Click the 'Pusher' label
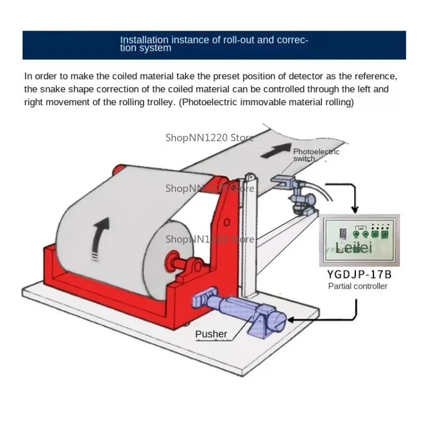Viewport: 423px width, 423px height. click(x=211, y=334)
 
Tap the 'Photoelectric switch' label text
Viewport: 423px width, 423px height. click(x=316, y=155)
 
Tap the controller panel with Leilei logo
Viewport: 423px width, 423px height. click(x=359, y=240)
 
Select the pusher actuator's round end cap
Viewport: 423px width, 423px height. click(x=279, y=320)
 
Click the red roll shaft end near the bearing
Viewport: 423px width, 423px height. click(x=172, y=260)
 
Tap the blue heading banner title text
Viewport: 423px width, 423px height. click(x=214, y=43)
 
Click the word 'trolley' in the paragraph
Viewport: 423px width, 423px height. click(x=158, y=102)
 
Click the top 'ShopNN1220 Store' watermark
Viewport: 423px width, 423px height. click(x=210, y=137)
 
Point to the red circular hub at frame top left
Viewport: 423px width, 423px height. click(x=117, y=170)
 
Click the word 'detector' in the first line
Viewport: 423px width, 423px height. click(x=317, y=76)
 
